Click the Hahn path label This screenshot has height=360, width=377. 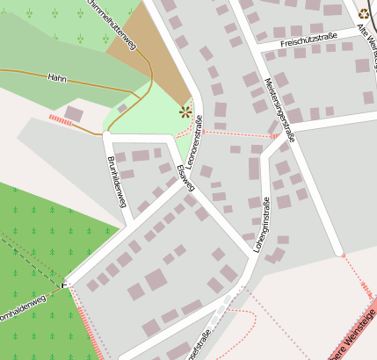57,77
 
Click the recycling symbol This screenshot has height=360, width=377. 364,12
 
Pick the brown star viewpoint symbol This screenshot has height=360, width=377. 185,112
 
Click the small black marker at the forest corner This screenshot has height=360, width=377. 63,284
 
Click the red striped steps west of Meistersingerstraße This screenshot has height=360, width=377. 274,136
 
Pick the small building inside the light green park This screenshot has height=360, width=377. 122,108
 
